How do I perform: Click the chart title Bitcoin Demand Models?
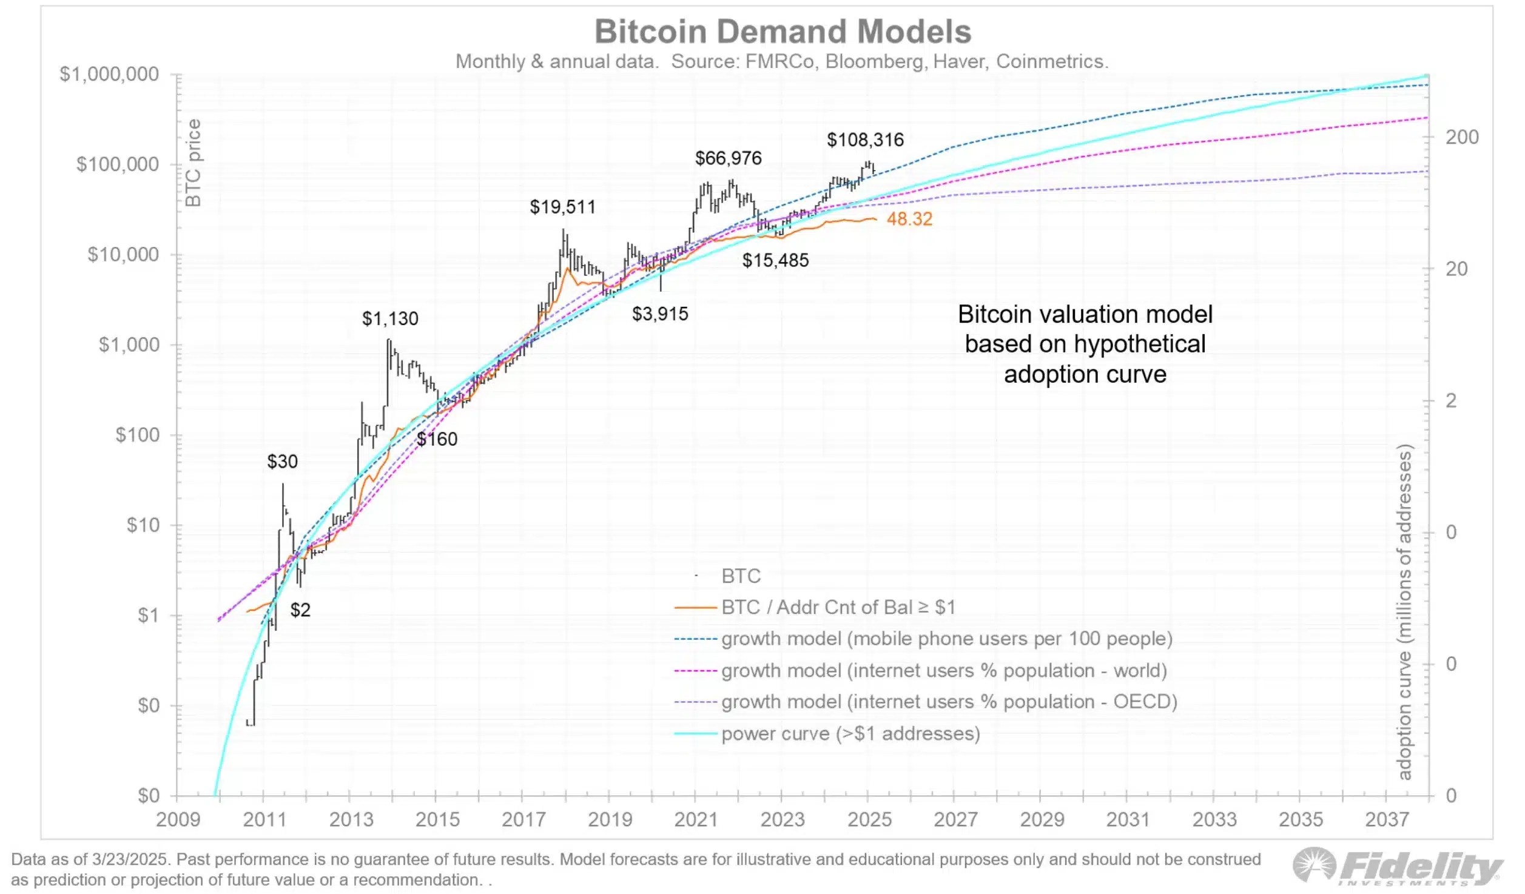(782, 32)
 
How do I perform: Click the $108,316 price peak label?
(865, 140)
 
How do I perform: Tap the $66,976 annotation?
(728, 158)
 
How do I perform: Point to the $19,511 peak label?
(562, 207)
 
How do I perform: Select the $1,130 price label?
(390, 318)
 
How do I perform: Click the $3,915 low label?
(660, 314)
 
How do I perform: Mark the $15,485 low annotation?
(775, 260)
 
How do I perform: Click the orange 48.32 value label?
(909, 219)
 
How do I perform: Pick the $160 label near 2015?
(437, 439)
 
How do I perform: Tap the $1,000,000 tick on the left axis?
(109, 74)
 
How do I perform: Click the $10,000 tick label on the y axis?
(123, 254)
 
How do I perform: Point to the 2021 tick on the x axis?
(696, 819)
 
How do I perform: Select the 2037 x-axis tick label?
(1387, 819)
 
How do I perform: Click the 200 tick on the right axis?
(1462, 137)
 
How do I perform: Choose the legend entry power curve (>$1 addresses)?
(850, 733)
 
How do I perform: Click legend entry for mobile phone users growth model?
(946, 639)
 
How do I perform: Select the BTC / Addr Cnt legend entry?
(838, 607)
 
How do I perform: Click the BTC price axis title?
(193, 163)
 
